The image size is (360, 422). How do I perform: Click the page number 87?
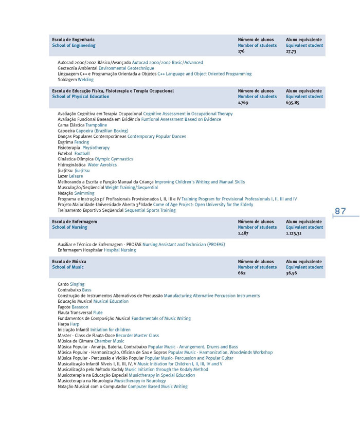point(340,211)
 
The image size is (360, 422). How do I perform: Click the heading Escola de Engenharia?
point(73,40)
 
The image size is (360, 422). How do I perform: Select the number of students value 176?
point(241,51)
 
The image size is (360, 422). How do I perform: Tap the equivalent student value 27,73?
point(291,51)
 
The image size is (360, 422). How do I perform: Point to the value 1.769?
point(243,102)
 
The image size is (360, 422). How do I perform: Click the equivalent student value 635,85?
point(293,102)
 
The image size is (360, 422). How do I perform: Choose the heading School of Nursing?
point(69,227)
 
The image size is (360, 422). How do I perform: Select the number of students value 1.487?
point(244,233)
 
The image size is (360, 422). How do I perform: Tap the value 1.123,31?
point(294,233)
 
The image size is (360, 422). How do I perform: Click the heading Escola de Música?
point(69,262)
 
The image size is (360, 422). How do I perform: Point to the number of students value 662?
point(242,273)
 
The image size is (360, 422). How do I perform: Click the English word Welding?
point(85,80)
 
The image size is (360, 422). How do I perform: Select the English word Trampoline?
point(96,125)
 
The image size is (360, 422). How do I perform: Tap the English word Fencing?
point(81,142)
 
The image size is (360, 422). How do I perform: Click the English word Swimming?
point(84,193)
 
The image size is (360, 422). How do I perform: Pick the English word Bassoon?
point(80,307)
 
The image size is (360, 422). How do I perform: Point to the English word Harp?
point(75,324)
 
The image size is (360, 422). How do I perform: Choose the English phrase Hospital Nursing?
point(120,250)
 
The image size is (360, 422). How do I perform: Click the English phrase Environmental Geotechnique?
point(126,68)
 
